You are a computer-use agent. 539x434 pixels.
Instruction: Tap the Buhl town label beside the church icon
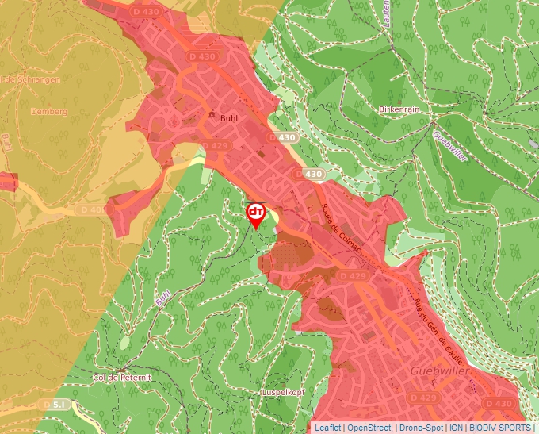coord(229,116)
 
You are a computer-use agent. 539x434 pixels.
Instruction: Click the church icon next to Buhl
coord(212,114)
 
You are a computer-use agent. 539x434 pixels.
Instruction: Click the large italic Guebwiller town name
coord(442,371)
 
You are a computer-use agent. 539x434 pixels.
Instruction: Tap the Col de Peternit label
coord(121,378)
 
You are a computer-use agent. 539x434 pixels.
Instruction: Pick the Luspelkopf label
coord(283,393)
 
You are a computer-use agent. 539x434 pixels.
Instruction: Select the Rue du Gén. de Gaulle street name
coord(438,325)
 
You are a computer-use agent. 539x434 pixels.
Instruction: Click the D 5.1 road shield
coord(57,404)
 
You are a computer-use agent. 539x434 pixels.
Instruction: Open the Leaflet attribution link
coord(327,428)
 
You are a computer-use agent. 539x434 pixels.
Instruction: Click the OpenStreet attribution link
coord(370,428)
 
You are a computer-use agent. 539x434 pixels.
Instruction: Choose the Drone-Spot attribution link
coord(421,428)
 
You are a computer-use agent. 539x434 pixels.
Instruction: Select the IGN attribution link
coord(457,428)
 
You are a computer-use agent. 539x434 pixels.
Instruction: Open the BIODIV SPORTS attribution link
coord(500,428)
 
